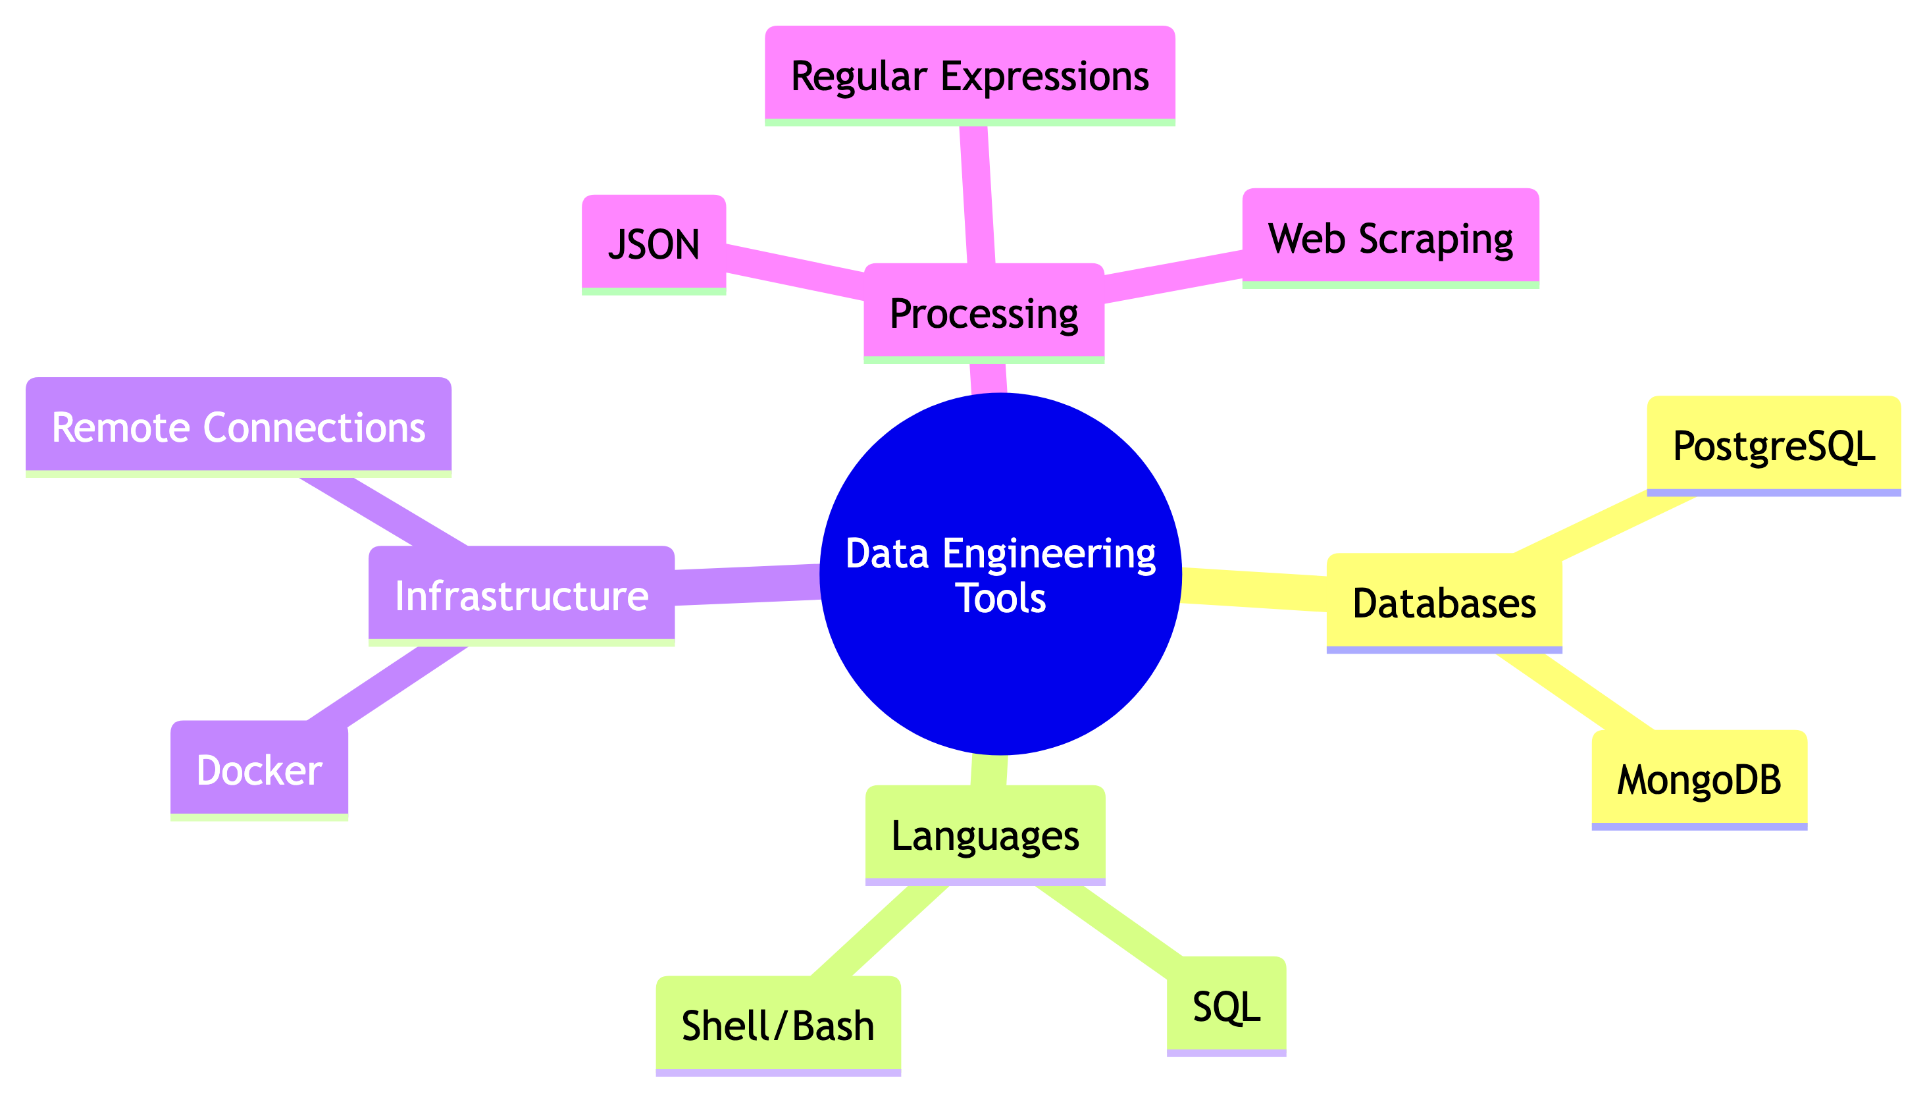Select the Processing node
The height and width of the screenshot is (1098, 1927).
point(984,313)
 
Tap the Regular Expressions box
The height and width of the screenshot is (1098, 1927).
point(969,76)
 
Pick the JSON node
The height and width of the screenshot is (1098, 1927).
point(654,244)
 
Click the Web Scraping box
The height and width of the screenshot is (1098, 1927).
point(1390,238)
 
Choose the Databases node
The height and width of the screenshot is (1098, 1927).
point(1444,602)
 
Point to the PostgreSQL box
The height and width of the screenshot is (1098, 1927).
point(1773,446)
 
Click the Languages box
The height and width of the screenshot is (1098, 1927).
point(985,835)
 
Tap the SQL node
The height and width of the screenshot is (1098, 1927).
point(1226,1006)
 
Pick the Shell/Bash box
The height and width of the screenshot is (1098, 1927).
point(778,1026)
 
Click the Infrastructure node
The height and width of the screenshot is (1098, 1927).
point(521,596)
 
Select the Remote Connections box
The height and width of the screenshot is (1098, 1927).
point(238,427)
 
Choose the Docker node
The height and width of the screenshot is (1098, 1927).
point(259,770)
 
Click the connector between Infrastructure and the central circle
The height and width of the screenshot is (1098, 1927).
point(746,585)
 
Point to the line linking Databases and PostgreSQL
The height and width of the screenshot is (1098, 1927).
point(1602,525)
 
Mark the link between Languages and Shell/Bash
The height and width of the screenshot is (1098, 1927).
point(879,931)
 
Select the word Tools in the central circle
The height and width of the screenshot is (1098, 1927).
point(1000,598)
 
